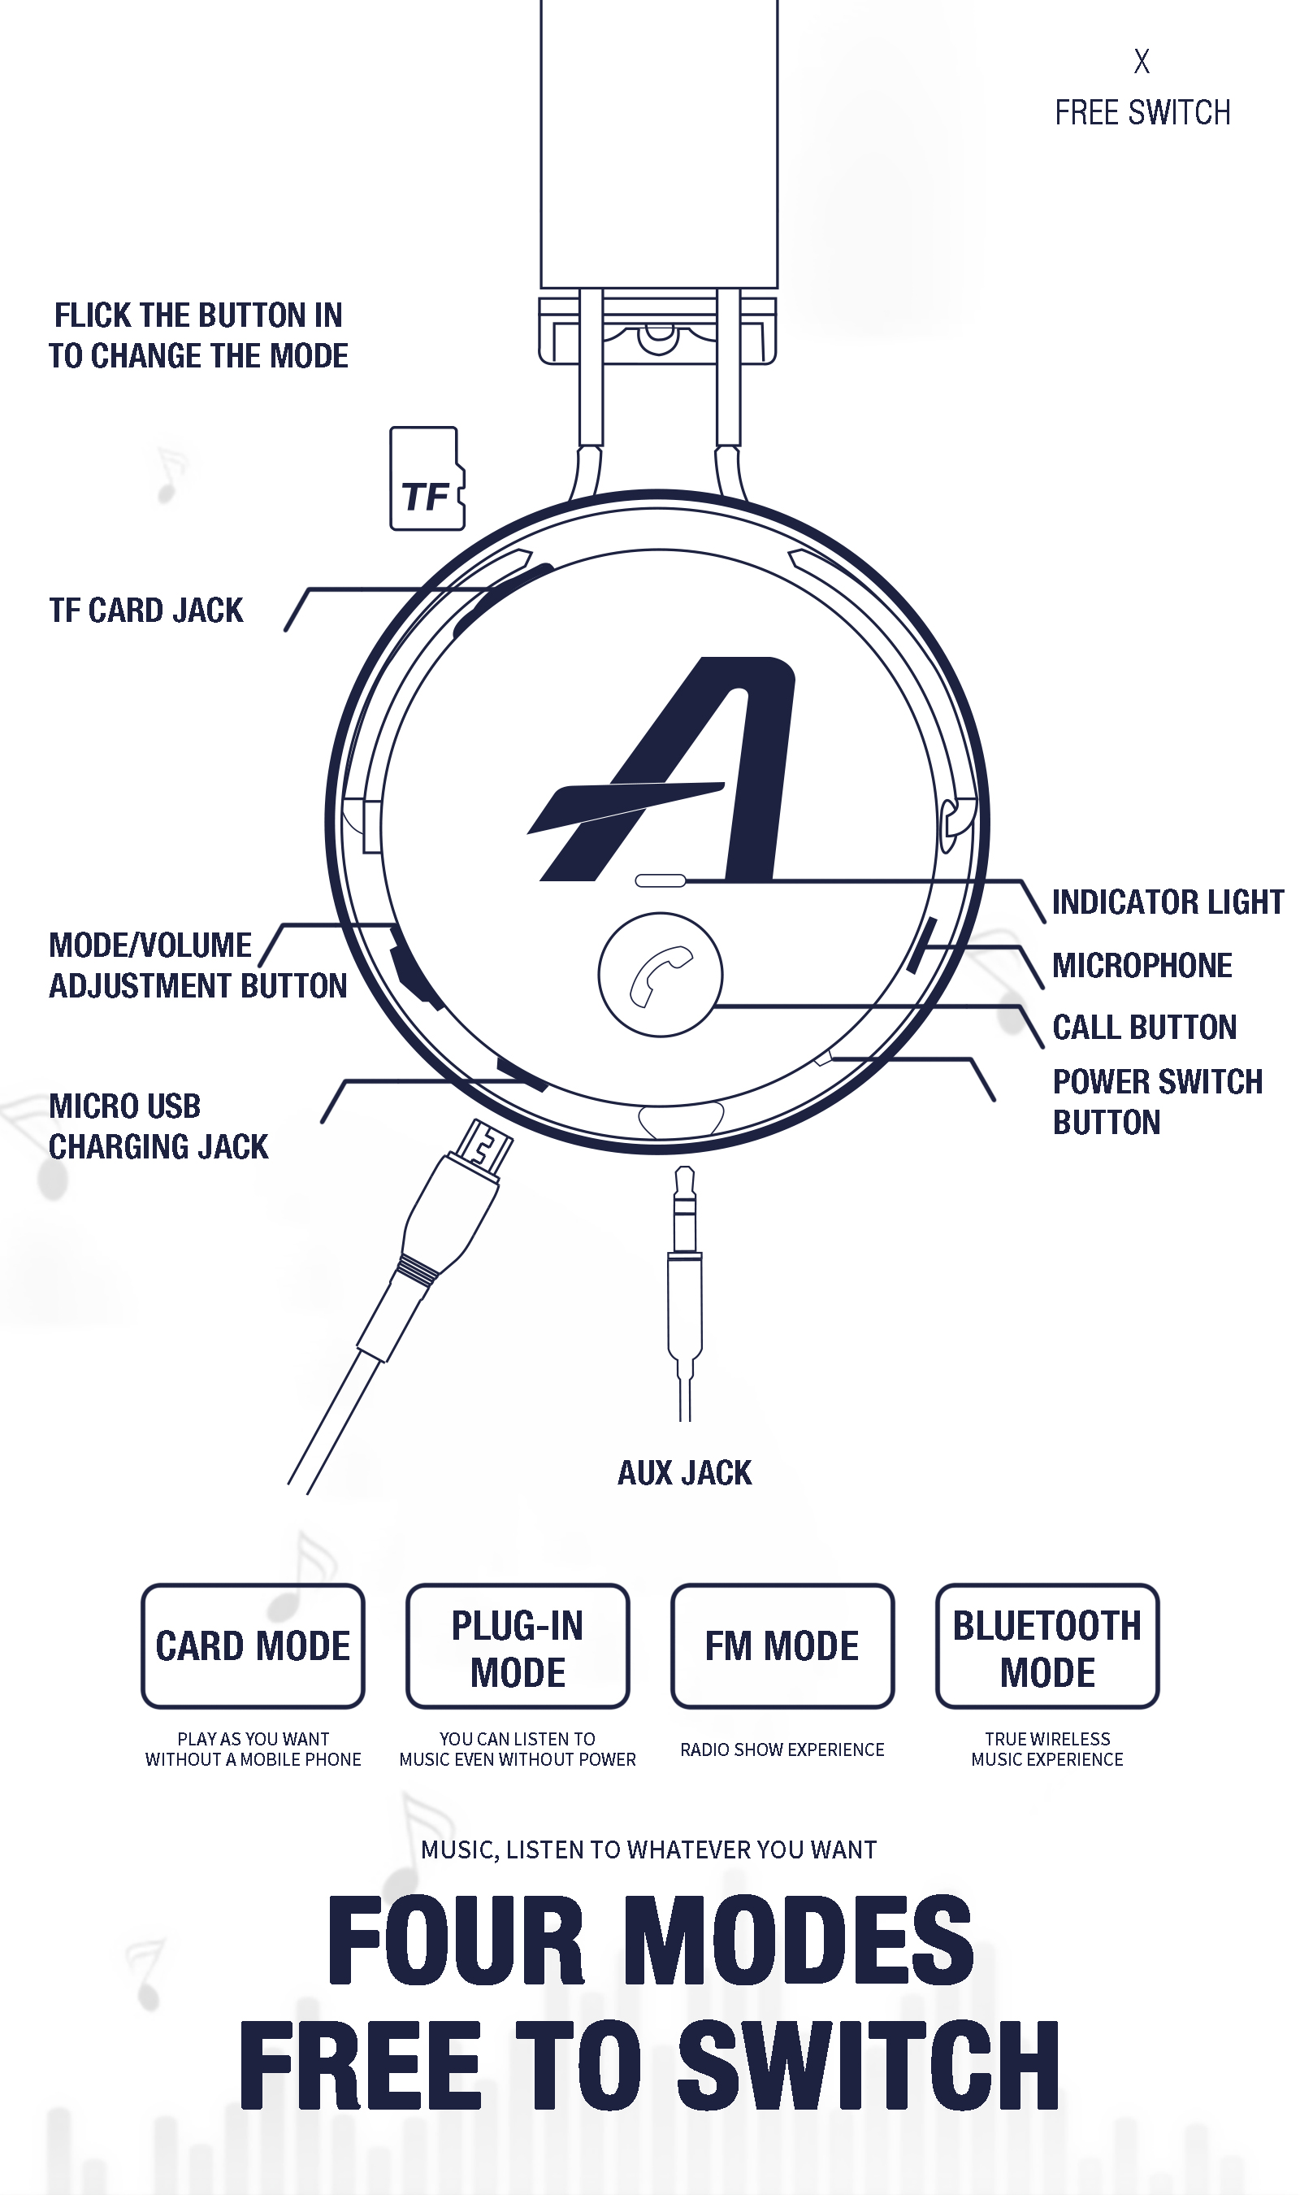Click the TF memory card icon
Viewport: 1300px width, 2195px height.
pos(427,479)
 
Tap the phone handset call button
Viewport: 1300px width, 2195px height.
pos(660,975)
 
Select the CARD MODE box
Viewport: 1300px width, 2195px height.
pos(253,1645)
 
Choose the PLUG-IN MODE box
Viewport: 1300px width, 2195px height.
pos(518,1645)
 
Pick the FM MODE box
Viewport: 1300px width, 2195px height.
pos(782,1645)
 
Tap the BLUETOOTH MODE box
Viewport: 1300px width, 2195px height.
pos(1046,1645)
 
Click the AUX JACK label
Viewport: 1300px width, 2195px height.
pos(684,1473)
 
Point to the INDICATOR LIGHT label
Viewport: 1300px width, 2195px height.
pos(1167,902)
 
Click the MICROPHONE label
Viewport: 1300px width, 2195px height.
pos(1142,966)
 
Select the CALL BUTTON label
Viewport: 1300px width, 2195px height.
pos(1144,1027)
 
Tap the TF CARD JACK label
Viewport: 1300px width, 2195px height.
pos(146,611)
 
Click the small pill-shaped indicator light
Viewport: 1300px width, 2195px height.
pos(660,880)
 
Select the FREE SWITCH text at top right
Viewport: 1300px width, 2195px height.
pos(1142,113)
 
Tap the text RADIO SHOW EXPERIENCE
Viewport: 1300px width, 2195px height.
pos(782,1749)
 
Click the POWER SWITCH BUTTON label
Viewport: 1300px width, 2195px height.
pos(1156,1102)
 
